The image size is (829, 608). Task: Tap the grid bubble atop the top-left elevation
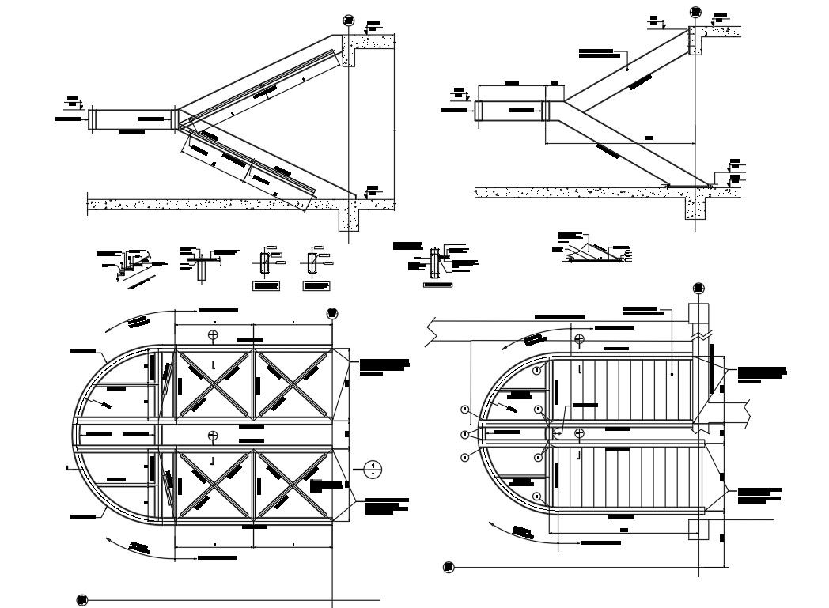coord(348,21)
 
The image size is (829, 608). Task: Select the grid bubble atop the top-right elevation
coord(696,12)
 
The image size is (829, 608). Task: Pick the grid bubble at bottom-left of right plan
coord(449,566)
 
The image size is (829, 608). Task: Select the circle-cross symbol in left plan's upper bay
coord(213,335)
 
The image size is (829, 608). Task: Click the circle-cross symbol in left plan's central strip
coord(213,435)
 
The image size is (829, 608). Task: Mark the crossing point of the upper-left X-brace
coord(214,383)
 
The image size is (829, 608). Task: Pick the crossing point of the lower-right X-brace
coord(292,485)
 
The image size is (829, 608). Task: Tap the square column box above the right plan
coord(699,312)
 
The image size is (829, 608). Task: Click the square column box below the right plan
coord(698,529)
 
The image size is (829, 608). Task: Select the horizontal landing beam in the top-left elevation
coord(132,119)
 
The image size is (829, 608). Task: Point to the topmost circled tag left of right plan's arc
coord(465,410)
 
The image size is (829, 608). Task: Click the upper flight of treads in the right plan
coord(625,387)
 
